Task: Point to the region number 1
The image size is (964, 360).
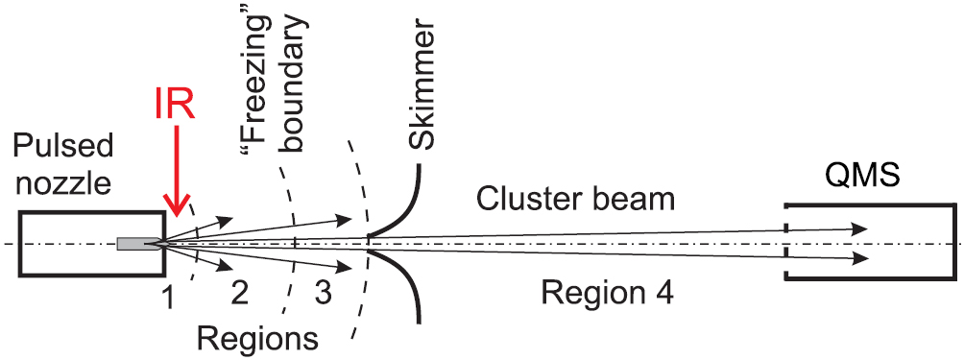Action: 168,299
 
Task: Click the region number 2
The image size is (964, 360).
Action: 240,293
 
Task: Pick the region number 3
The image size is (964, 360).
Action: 324,293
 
